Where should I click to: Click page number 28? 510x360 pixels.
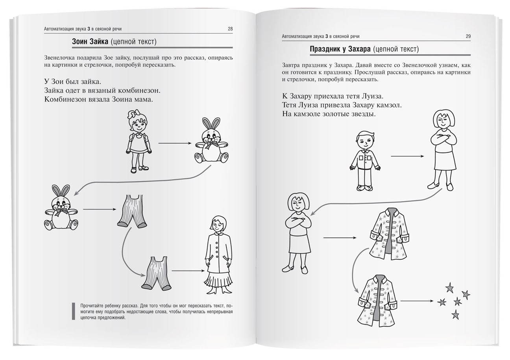pyautogui.click(x=230, y=29)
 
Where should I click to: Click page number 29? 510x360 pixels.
pyautogui.click(x=468, y=36)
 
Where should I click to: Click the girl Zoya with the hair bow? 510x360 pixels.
pyautogui.click(x=139, y=142)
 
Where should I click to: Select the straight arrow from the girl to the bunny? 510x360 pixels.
pyautogui.click(x=174, y=143)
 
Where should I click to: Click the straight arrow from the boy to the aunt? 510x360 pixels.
pyautogui.click(x=407, y=157)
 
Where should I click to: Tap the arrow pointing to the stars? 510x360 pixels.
pyautogui.click(x=417, y=301)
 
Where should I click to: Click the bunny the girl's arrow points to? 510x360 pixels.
pyautogui.click(x=211, y=140)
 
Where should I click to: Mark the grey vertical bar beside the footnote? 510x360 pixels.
pyautogui.click(x=74, y=311)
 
